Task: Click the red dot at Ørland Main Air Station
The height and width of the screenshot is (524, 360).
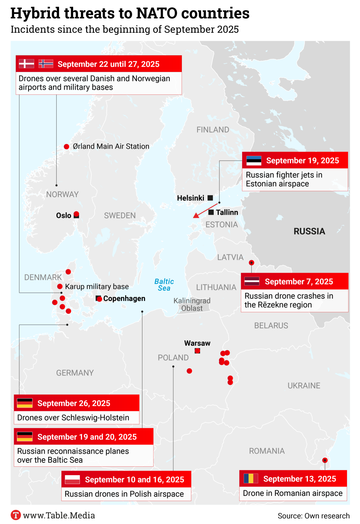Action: point(66,147)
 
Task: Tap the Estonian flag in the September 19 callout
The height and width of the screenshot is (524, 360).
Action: point(253,161)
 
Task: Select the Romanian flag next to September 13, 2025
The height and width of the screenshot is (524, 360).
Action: point(251,479)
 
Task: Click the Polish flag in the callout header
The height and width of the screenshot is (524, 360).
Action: point(72,479)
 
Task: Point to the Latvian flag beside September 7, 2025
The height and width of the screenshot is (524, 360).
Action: point(252,282)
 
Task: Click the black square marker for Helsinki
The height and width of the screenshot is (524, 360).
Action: point(210,198)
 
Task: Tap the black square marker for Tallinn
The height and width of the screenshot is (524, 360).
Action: point(211,212)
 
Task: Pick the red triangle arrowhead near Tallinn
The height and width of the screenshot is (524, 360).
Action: point(196,215)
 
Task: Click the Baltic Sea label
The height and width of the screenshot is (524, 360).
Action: point(164,285)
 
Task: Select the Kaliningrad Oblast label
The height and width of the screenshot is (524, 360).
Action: point(192,304)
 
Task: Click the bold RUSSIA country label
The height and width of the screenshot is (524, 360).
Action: point(309,231)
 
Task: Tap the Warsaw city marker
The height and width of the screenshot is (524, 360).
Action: point(197,351)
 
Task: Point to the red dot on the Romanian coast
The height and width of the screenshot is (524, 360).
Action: point(325,460)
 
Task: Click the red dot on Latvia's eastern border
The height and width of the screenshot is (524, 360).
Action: point(251,263)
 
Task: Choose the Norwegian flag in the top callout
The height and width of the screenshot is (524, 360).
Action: point(46,64)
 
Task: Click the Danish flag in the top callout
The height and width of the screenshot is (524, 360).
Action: point(26,64)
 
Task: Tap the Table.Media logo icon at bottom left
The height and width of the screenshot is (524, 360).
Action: point(16,515)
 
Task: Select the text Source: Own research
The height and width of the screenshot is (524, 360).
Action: point(314,516)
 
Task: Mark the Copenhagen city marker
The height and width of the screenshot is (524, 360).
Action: point(99,298)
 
